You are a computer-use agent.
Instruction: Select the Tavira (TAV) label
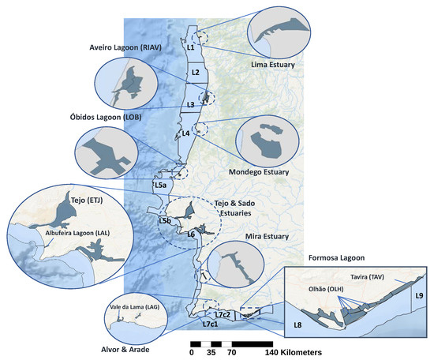click(384, 277)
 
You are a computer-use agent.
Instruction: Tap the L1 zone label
click(190, 47)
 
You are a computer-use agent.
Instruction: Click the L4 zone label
click(185, 133)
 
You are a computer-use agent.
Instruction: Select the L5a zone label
click(159, 185)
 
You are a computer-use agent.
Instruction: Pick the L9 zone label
click(419, 295)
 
